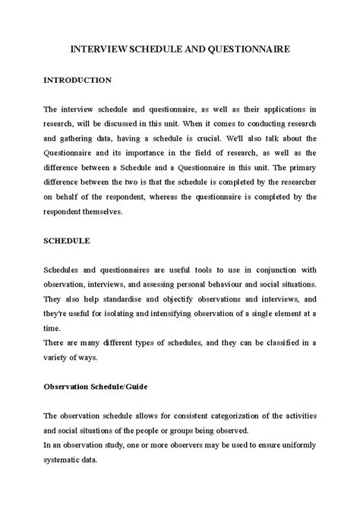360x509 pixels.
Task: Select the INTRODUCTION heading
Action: coord(78,79)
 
